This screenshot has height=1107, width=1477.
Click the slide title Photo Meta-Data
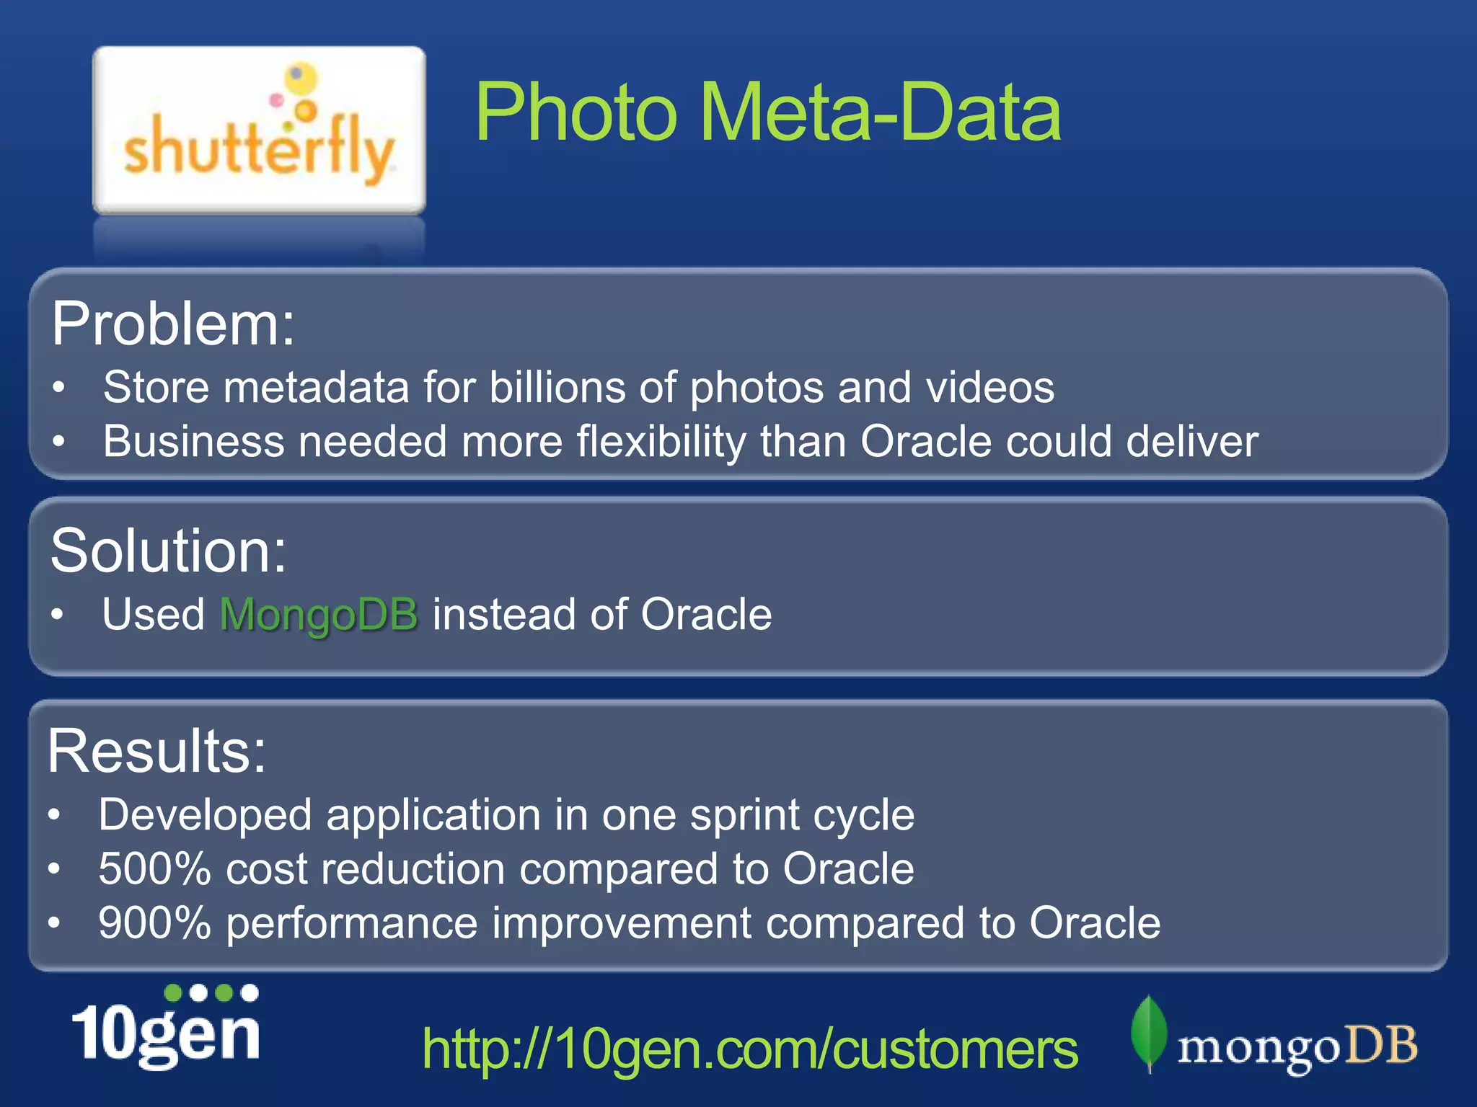pyautogui.click(x=767, y=112)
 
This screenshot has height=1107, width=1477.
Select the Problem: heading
pyautogui.click(x=173, y=324)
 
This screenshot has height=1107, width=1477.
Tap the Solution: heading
pyautogui.click(x=168, y=551)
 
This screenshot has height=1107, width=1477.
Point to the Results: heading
pyautogui.click(x=156, y=751)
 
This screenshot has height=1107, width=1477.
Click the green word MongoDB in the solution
pyautogui.click(x=319, y=615)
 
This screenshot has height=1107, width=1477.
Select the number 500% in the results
pyautogui.click(x=154, y=868)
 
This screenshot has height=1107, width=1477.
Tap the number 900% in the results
pyautogui.click(x=154, y=923)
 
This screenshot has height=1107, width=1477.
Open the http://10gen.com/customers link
pyautogui.click(x=750, y=1049)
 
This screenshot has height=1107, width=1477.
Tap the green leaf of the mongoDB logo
pyautogui.click(x=1149, y=1032)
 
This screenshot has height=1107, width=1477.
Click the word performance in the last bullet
pyautogui.click(x=352, y=923)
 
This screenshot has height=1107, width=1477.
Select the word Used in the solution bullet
pyautogui.click(x=154, y=615)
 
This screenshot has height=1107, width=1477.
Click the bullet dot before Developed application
pyautogui.click(x=54, y=815)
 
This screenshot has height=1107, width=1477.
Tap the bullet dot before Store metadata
pyautogui.click(x=59, y=388)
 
